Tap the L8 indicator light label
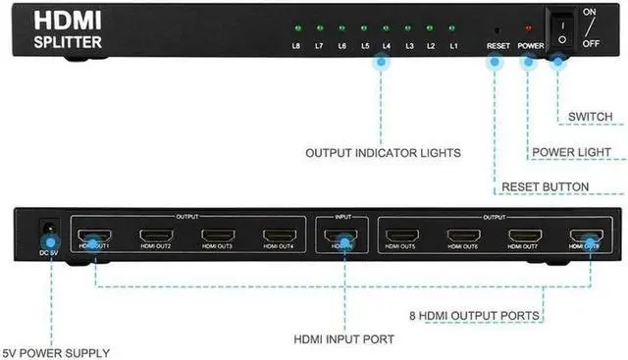point(295,46)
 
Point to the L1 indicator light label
point(453,46)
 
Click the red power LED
point(529,30)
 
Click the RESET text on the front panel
point(497,46)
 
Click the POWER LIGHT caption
point(577,153)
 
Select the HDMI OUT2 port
point(156,236)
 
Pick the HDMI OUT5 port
point(402,236)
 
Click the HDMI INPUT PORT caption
point(344,339)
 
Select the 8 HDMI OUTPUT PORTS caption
point(474,316)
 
